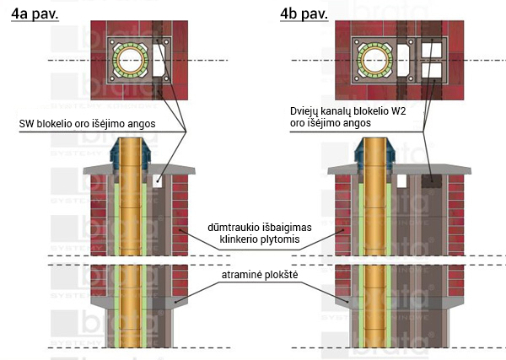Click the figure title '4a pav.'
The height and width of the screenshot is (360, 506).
click(x=35, y=13)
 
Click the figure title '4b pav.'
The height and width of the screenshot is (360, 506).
click(x=304, y=13)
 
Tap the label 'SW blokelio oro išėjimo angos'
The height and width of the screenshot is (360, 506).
click(x=87, y=124)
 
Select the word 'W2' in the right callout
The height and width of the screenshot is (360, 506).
click(x=399, y=111)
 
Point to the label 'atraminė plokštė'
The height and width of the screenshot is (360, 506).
click(x=260, y=275)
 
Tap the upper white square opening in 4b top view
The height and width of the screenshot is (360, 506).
click(x=432, y=50)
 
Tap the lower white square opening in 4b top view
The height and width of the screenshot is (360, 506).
click(x=432, y=70)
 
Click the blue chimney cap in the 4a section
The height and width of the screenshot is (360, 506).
click(x=131, y=154)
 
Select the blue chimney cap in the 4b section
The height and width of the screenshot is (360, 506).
click(x=375, y=154)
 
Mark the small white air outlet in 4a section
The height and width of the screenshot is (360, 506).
click(x=157, y=181)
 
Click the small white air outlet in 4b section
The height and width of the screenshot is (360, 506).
click(x=401, y=181)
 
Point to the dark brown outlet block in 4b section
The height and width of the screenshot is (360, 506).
click(x=432, y=181)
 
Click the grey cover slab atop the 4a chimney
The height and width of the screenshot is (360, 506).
click(x=139, y=169)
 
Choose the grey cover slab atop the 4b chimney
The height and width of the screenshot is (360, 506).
click(x=399, y=169)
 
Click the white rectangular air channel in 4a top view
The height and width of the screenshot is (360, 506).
click(x=159, y=60)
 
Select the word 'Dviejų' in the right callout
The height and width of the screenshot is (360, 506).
click(x=304, y=112)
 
